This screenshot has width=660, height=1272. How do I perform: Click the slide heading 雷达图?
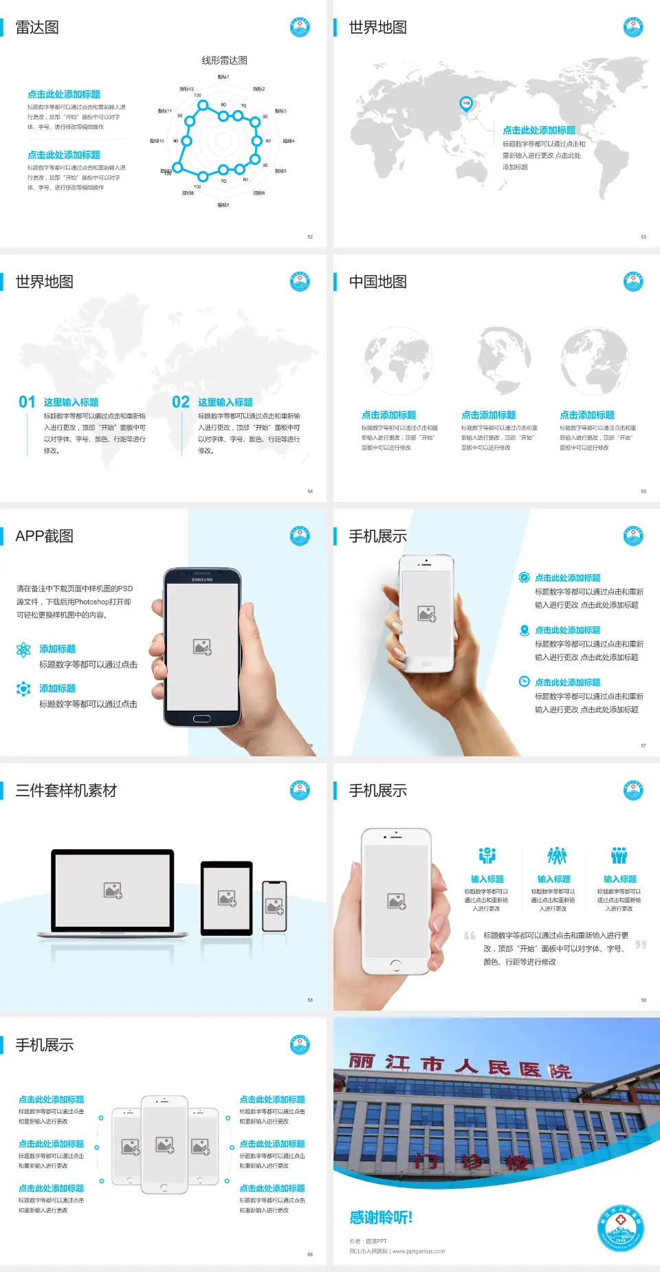tap(37, 28)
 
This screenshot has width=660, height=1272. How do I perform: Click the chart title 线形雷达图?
tap(224, 61)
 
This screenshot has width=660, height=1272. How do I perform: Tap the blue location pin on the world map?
tap(466, 104)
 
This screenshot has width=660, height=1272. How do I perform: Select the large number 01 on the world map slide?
tap(27, 402)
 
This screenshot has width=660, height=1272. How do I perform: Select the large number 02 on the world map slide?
tap(181, 402)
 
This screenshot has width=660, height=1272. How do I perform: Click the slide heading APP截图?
tap(44, 536)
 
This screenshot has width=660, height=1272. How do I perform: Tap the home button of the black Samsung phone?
tap(201, 719)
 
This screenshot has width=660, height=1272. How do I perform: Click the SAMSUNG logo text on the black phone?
tap(202, 580)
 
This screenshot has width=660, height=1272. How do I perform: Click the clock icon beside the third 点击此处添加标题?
tap(524, 681)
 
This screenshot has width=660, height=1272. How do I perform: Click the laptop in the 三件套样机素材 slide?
tap(113, 894)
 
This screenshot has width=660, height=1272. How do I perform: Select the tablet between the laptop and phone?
tap(226, 898)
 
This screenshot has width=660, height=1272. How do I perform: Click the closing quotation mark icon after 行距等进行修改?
tap(640, 945)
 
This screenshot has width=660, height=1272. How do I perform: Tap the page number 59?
tap(643, 1000)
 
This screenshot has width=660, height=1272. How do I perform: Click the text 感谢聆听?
tap(381, 1218)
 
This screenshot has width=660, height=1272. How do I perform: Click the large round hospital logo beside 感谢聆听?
tap(620, 1228)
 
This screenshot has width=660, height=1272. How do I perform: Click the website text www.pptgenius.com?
tap(419, 1251)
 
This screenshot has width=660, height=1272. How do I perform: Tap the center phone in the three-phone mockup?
tap(164, 1144)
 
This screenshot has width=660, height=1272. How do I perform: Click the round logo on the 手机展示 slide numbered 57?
tap(633, 536)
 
